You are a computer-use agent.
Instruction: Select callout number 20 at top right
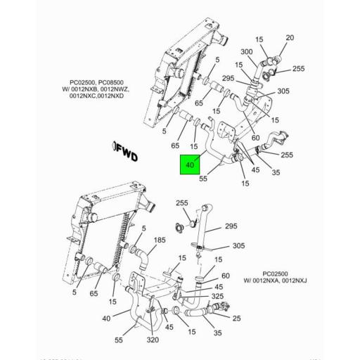coord(290,37)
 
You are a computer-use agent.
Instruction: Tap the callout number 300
coord(247,52)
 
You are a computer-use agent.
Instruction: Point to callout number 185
coord(160,240)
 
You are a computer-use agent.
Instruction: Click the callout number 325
coord(217,297)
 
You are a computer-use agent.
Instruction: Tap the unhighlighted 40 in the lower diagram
coord(107,319)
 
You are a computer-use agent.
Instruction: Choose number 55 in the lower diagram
coord(120,340)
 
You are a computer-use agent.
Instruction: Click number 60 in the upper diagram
coord(255,138)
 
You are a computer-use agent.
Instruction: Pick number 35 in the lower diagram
coord(217,333)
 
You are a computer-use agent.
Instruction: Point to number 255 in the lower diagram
coord(182,203)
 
